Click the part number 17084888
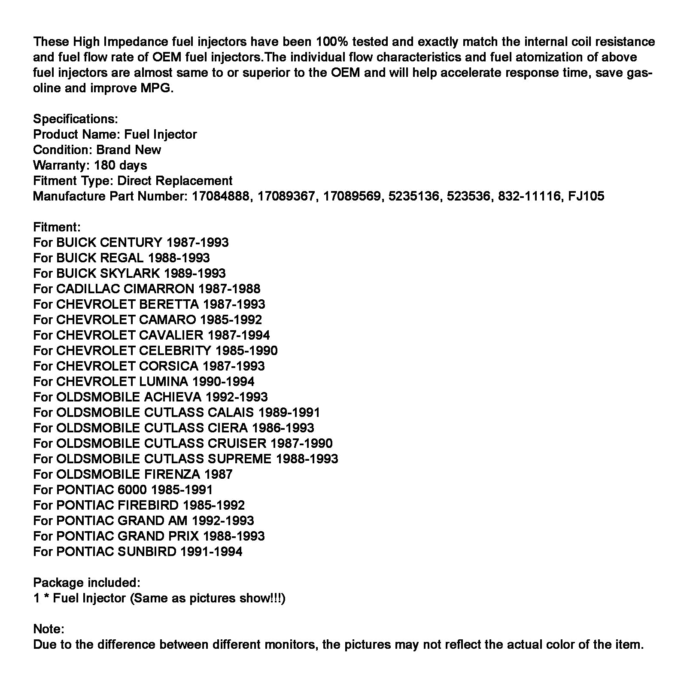(x=220, y=196)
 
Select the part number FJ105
(x=586, y=196)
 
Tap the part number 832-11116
(x=529, y=196)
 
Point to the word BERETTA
(x=169, y=304)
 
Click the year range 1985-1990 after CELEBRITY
(x=246, y=351)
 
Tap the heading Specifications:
(x=75, y=119)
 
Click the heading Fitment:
(x=57, y=227)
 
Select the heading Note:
(x=49, y=629)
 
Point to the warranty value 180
(x=105, y=165)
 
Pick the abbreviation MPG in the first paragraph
(x=156, y=88)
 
